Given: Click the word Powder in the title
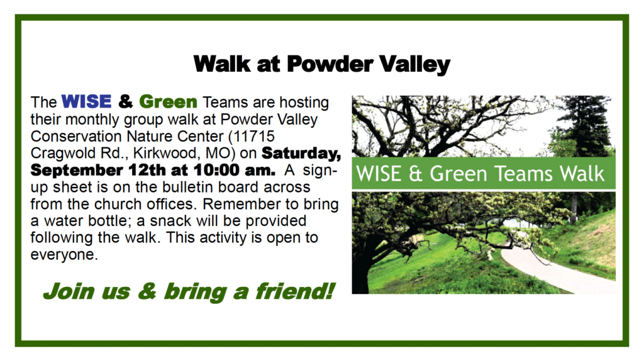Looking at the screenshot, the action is [x=330, y=64].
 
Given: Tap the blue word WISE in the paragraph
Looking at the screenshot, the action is [x=86, y=101].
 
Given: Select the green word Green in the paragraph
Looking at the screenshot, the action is [x=168, y=101].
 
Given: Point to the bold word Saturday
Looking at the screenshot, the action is [x=301, y=153].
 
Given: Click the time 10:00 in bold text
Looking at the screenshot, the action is [x=216, y=170].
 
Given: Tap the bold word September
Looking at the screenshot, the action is [x=76, y=171].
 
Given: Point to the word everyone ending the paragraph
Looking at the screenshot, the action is [x=64, y=255].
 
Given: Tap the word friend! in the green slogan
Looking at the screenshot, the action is [x=294, y=291].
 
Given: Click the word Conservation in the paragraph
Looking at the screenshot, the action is [x=76, y=136].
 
